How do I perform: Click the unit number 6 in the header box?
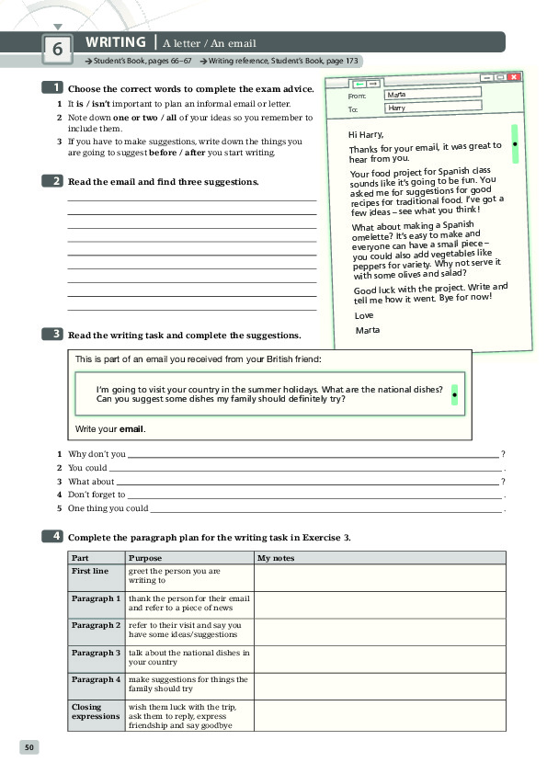pyautogui.click(x=57, y=51)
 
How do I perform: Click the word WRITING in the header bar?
pyautogui.click(x=116, y=42)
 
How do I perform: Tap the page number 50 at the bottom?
pyautogui.click(x=29, y=747)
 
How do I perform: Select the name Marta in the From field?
pyautogui.click(x=396, y=94)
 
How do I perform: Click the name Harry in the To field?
pyautogui.click(x=397, y=108)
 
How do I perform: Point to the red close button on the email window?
pyautogui.click(x=514, y=77)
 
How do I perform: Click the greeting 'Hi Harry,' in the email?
pyautogui.click(x=365, y=134)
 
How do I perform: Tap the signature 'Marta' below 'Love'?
pyautogui.click(x=367, y=330)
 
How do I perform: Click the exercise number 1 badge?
pyautogui.click(x=53, y=88)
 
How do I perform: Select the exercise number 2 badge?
pyautogui.click(x=53, y=181)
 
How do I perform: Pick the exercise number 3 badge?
pyautogui.click(x=53, y=335)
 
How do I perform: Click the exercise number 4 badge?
pyautogui.click(x=53, y=536)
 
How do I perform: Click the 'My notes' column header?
pyautogui.click(x=276, y=558)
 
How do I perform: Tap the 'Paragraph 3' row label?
pyautogui.click(x=96, y=653)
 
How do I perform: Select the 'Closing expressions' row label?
pyautogui.click(x=96, y=711)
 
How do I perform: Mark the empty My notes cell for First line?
pyautogui.click(x=379, y=577)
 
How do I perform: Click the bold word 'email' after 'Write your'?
pyautogui.click(x=132, y=428)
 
